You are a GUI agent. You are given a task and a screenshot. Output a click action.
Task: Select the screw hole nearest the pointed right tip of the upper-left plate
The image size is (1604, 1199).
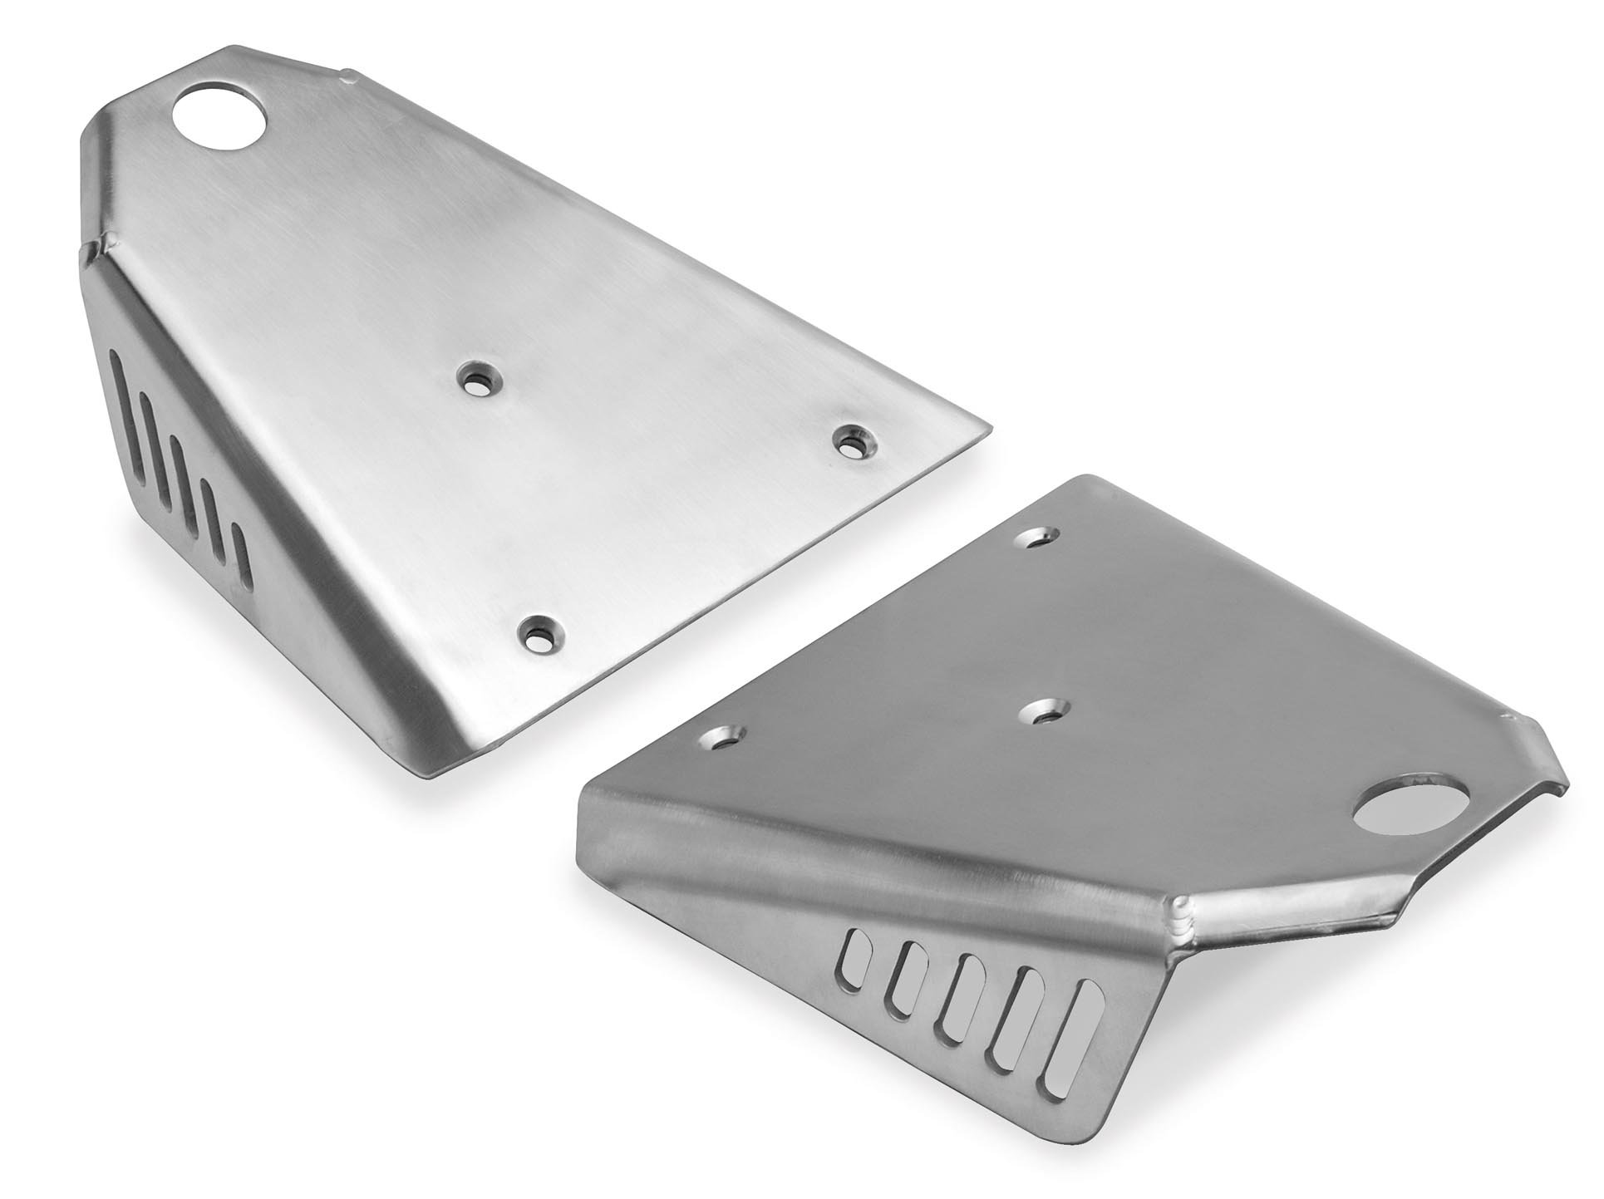pos(854,441)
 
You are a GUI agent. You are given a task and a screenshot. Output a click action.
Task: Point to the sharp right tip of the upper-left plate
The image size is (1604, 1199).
pos(988,430)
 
